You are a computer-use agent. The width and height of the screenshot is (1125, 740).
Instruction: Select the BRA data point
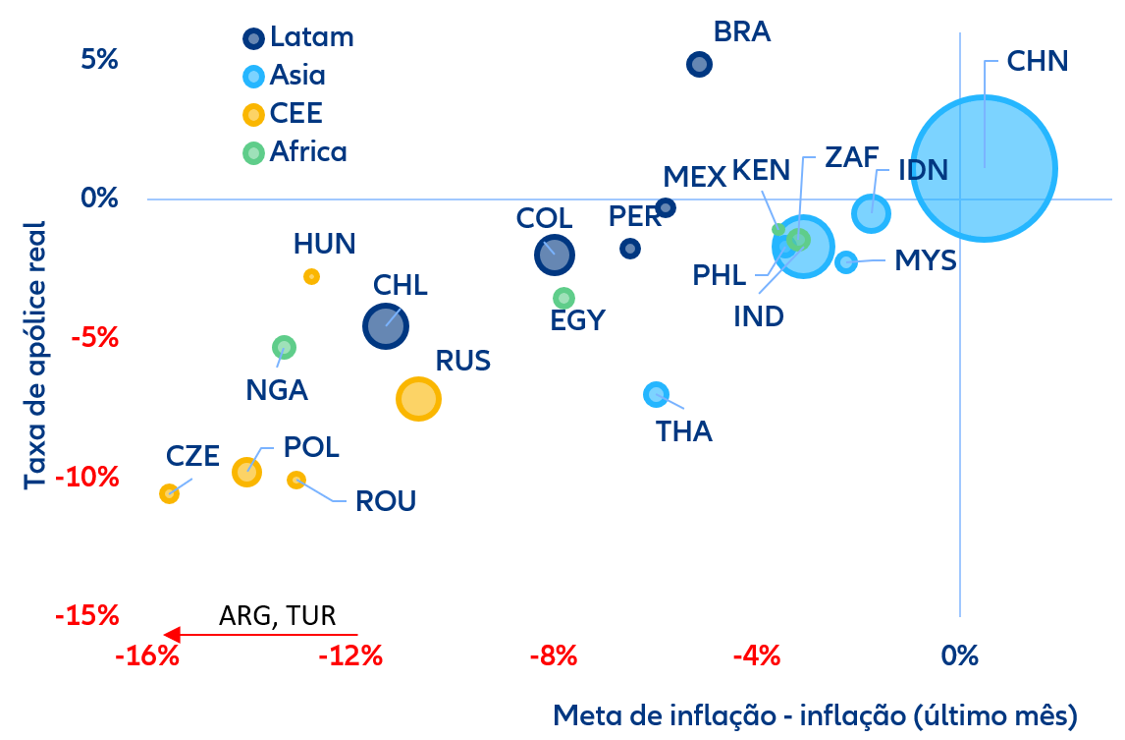coord(699,65)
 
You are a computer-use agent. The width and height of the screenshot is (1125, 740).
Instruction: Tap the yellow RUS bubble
coord(418,399)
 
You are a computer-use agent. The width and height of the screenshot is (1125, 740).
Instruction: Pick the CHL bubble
coord(385,326)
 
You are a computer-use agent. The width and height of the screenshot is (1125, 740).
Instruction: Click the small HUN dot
coord(311,277)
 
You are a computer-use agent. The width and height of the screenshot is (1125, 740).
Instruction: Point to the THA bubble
coord(656,394)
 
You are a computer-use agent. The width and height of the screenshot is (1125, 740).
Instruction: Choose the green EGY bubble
coord(563,298)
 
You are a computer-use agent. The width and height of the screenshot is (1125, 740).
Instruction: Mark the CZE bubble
coord(169,493)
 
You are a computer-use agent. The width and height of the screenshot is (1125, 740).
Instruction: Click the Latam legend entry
coord(298,38)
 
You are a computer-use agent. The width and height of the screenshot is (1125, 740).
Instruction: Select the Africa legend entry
coord(295,152)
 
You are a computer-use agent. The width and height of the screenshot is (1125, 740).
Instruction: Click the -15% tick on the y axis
coord(87,617)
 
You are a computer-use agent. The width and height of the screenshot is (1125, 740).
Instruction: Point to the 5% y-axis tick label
coord(99,60)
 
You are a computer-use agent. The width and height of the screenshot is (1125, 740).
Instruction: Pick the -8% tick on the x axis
coord(553,655)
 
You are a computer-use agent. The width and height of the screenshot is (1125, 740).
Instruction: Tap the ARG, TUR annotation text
coord(277,616)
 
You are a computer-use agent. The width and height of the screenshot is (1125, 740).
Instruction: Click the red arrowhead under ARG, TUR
coord(171,635)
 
